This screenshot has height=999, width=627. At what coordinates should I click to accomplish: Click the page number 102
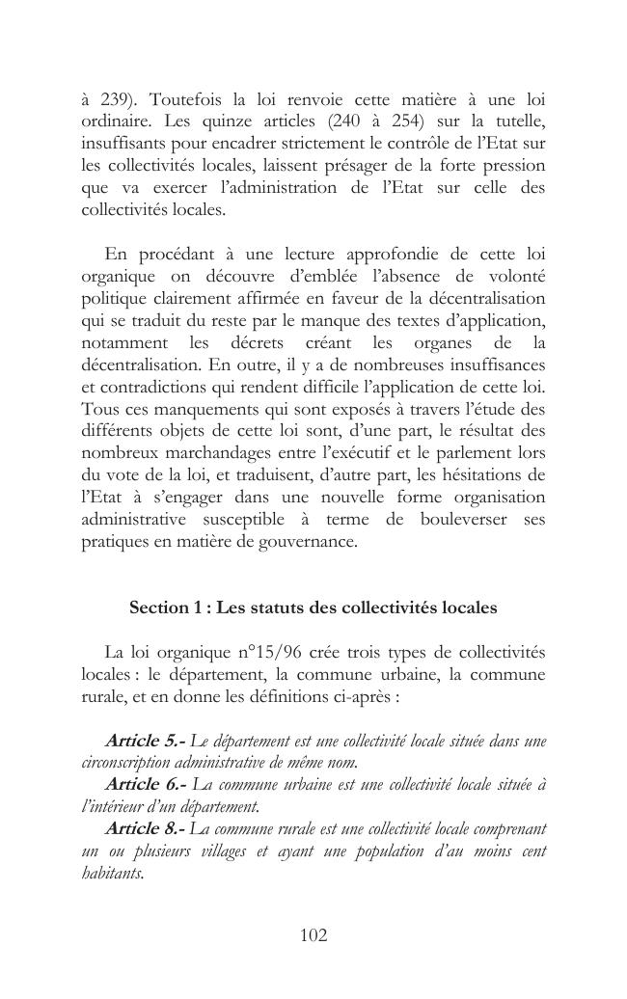313,934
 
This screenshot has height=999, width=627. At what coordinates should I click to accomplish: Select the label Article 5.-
145,741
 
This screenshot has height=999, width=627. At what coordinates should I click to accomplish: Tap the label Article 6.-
145,785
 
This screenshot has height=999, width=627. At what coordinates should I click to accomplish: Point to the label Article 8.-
145,828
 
